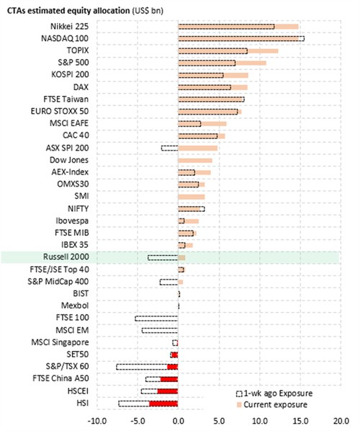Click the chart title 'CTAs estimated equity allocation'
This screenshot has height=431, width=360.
(68, 11)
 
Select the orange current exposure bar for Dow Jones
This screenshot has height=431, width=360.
(195, 161)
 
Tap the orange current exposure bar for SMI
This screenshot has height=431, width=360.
(192, 197)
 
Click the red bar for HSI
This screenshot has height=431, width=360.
(163, 404)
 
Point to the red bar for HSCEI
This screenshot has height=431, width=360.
(168, 391)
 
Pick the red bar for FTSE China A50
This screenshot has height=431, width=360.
(169, 379)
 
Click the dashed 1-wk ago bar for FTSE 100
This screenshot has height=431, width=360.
(156, 319)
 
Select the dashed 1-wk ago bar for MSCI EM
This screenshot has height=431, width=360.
(160, 330)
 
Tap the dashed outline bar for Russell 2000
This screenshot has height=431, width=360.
(163, 257)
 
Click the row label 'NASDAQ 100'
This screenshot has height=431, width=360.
(65, 38)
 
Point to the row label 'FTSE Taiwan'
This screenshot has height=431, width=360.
(66, 99)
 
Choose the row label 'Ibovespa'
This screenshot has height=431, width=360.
(72, 221)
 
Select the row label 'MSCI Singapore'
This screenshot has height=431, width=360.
(60, 342)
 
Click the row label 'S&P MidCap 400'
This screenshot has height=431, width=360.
(58, 282)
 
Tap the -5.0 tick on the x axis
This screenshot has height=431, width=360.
(138, 421)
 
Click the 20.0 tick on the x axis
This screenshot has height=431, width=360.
(341, 421)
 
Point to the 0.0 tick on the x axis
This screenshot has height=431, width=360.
(179, 421)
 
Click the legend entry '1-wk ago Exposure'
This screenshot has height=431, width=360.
(274, 394)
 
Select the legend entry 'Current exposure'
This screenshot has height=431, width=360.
(272, 404)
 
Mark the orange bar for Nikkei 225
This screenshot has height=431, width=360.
(238, 27)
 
